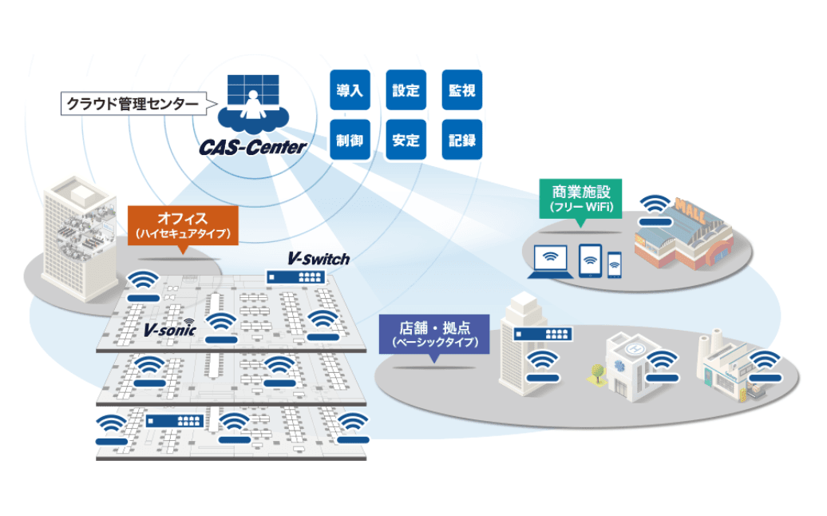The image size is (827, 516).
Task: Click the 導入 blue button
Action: tap(350, 90)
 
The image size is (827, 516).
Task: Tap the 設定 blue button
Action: tap(406, 90)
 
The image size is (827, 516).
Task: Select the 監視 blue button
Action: tap(461, 90)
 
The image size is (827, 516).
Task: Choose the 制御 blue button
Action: tap(350, 140)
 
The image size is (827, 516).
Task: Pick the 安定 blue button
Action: tap(406, 140)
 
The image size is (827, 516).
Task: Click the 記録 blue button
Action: tap(461, 140)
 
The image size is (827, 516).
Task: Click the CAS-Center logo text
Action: tap(253, 147)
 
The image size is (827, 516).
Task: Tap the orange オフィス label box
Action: tap(183, 225)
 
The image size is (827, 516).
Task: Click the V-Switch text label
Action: tap(319, 260)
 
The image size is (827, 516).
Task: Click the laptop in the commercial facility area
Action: tap(550, 261)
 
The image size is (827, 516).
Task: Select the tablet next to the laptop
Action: tap(590, 260)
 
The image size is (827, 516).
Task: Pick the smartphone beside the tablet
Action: tap(614, 264)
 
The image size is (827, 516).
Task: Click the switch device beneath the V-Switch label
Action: tap(296, 276)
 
